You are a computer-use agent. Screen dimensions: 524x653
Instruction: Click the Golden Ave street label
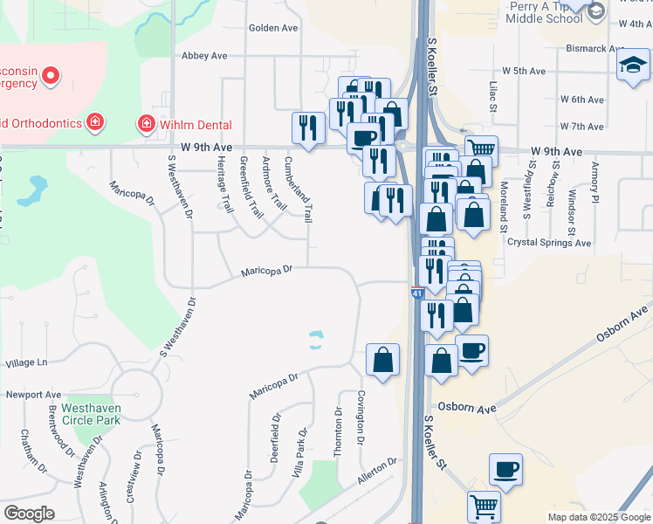[273, 28]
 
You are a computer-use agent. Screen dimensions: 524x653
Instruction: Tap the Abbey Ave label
[204, 56]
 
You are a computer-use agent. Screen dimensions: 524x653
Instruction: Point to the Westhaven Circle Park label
[85, 414]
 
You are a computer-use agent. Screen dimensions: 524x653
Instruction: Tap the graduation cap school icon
[633, 65]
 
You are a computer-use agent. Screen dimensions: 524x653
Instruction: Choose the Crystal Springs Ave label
[549, 243]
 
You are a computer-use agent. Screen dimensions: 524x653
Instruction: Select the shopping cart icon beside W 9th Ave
[480, 148]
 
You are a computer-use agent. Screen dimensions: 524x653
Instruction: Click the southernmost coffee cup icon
[505, 470]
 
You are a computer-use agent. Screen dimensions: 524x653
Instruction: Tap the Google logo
[29, 514]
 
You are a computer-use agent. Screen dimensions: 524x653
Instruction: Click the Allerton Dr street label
[377, 473]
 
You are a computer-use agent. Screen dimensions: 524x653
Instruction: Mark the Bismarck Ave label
[595, 48]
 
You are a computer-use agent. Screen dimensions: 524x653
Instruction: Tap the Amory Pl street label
[595, 183]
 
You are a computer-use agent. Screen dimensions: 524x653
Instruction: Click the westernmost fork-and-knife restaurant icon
[307, 127]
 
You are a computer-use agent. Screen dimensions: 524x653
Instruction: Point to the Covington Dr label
[361, 417]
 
